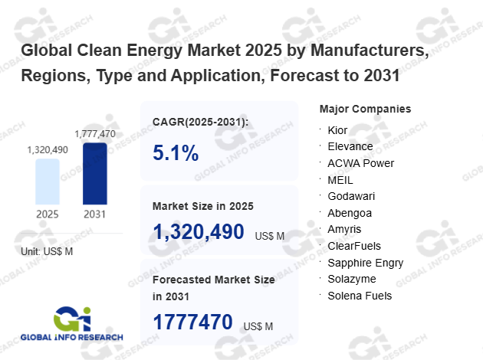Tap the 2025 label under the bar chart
pos(47,214)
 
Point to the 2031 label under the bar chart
pos(95,214)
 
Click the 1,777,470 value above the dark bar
pos(95,134)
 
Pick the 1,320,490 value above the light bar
pos(48,149)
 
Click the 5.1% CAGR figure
pos(176,153)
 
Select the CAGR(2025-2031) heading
pos(201,122)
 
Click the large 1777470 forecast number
pos(192,322)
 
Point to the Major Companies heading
pos(365,109)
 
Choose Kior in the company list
pos(337,130)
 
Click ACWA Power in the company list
pos(360,163)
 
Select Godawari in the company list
pos(352,196)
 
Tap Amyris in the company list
pos(345,229)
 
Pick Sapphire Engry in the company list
pos(365,263)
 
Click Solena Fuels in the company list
pos(360,296)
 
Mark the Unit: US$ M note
pos(47,251)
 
